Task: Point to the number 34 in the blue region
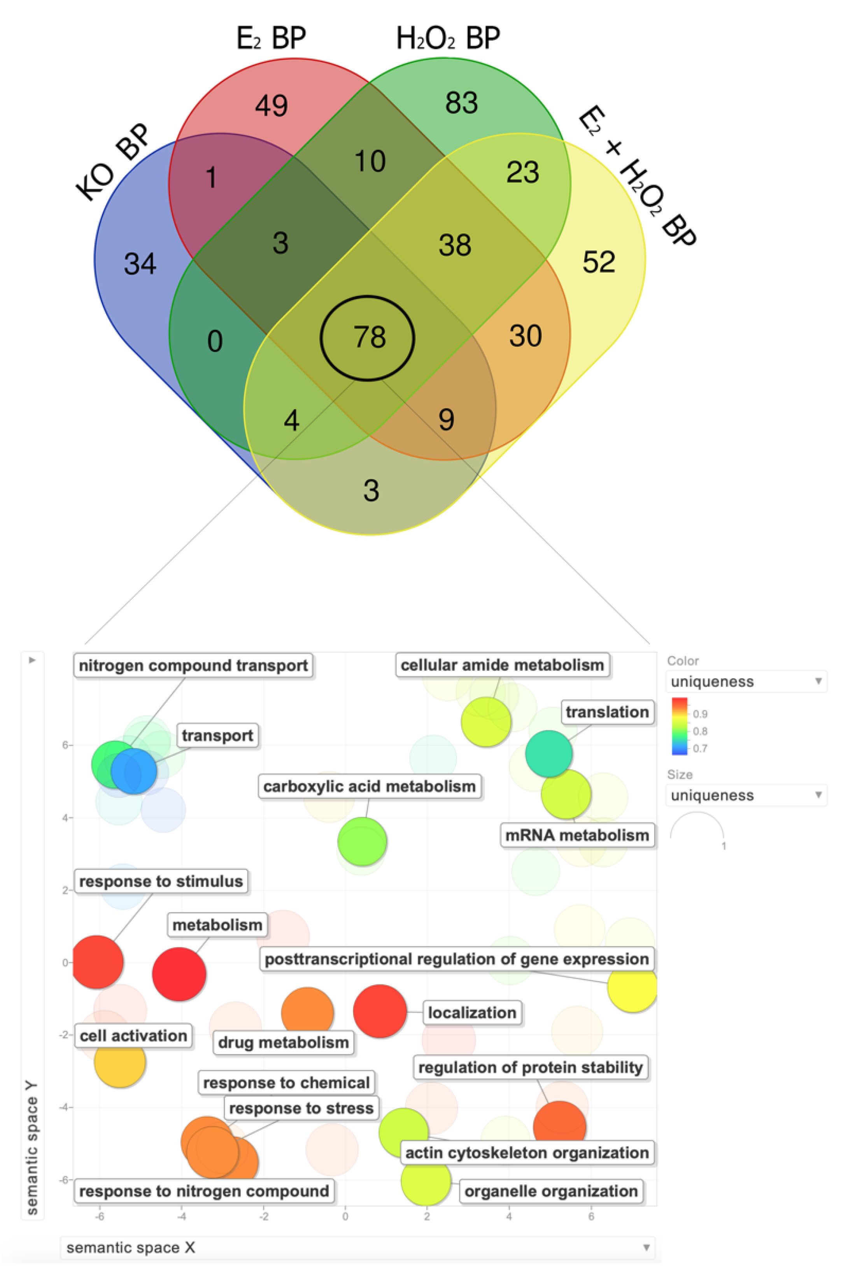click(x=140, y=264)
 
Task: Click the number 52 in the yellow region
click(x=599, y=262)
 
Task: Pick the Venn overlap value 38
click(x=455, y=245)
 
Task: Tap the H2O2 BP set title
click(x=448, y=38)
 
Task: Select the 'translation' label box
click(x=607, y=712)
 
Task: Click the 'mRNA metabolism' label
click(x=577, y=836)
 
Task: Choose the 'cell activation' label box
click(x=133, y=1035)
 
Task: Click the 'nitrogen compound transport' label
click(x=193, y=666)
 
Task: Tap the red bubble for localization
click(x=380, y=1011)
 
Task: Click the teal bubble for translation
click(x=548, y=754)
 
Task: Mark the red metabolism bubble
click(x=179, y=974)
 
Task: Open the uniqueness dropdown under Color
click(x=746, y=681)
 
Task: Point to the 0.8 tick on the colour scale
click(x=700, y=731)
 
